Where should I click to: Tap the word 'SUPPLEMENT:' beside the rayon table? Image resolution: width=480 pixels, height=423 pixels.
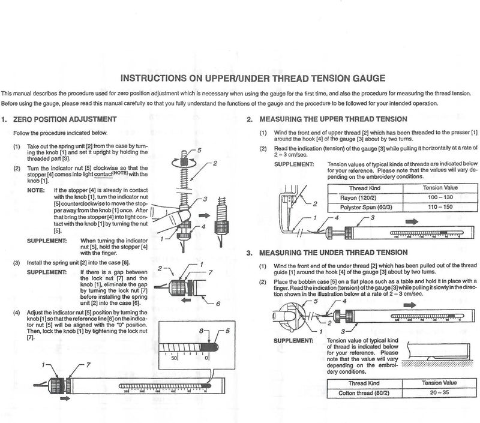click(x=294, y=164)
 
